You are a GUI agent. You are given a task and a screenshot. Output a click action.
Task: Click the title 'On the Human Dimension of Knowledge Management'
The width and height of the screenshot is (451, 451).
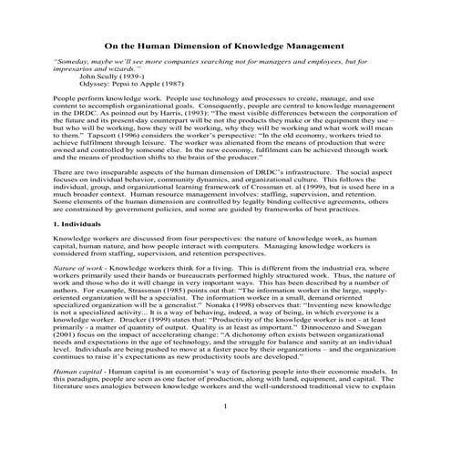click(x=225, y=45)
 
